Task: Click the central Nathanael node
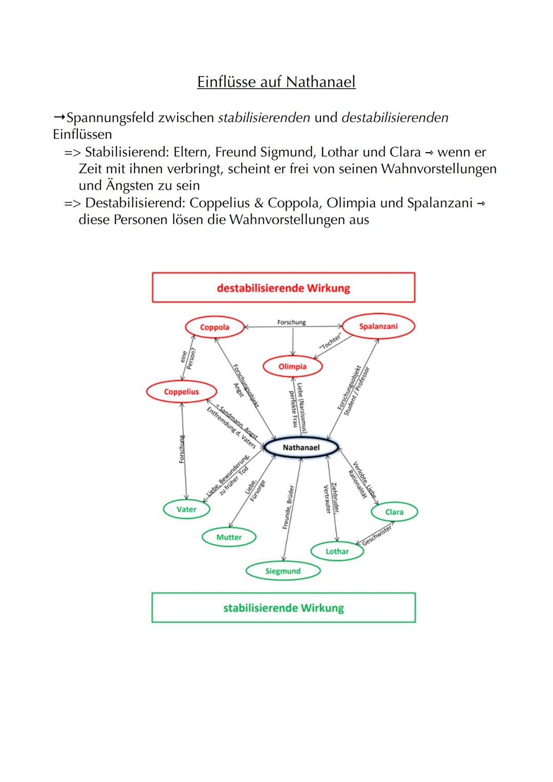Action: coord(301,448)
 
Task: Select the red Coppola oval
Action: coord(215,327)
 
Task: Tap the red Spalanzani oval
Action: coord(378,327)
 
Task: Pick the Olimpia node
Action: coord(292,367)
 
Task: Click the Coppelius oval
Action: coord(181,392)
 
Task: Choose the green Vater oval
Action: coord(186,509)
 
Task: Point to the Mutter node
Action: coord(229,537)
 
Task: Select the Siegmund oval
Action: coord(283,571)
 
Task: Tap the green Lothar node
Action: coord(337,552)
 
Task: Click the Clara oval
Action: coord(394,512)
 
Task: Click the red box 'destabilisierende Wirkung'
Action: coord(283,288)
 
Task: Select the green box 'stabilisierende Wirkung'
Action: coord(283,608)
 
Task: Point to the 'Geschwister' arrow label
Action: coord(377,535)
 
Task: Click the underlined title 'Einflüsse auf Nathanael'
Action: coord(276,82)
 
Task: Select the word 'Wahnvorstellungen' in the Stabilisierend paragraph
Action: coord(439,168)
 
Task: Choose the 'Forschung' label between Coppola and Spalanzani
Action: coord(291,323)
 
